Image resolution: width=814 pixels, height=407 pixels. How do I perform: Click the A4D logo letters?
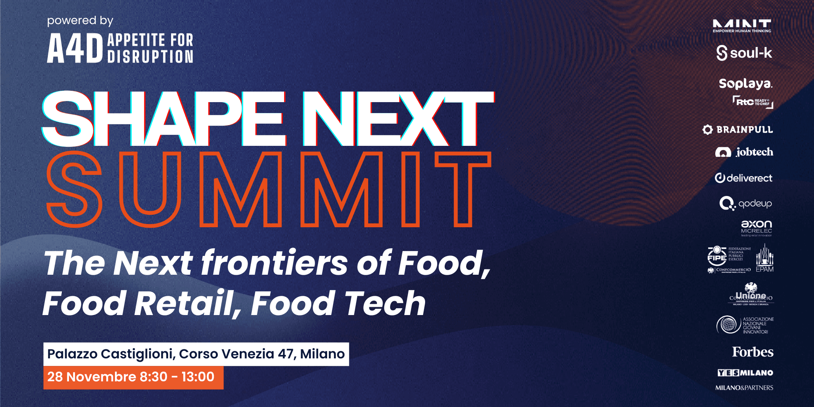pos(75,48)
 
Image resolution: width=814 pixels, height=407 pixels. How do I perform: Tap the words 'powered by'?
pos(80,20)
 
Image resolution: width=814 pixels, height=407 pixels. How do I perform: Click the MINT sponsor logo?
pos(742,26)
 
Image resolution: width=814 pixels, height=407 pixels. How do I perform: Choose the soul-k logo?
pos(744,53)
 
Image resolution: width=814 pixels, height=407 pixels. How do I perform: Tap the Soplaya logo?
pos(745,83)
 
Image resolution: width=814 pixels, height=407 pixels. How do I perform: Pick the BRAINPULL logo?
pos(738,130)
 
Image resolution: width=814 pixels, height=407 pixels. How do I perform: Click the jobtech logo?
pos(744,152)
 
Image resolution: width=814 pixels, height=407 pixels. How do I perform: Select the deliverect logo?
pos(744,178)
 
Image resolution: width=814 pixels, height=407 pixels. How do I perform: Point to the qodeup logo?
pos(745,203)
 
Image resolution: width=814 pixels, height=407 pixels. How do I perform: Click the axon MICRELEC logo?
pos(756,228)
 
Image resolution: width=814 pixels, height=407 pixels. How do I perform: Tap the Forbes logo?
pos(753,352)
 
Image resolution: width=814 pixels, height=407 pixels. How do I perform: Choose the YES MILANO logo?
pos(745,373)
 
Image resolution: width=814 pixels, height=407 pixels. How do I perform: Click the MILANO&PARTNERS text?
pos(744,388)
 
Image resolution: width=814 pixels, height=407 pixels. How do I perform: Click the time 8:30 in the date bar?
pos(153,377)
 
